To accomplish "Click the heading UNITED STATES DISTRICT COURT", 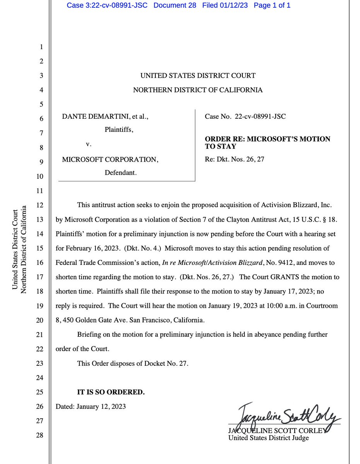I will (198, 76).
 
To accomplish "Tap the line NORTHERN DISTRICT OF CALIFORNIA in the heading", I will (198, 90).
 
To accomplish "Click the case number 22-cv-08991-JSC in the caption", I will (260, 116).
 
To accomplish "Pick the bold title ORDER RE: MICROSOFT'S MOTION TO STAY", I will (267, 143).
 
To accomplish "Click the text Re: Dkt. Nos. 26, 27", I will (234, 159).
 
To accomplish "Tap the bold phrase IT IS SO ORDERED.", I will (111, 392).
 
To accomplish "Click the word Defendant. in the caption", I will (121, 173).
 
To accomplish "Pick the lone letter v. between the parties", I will (88, 145).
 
